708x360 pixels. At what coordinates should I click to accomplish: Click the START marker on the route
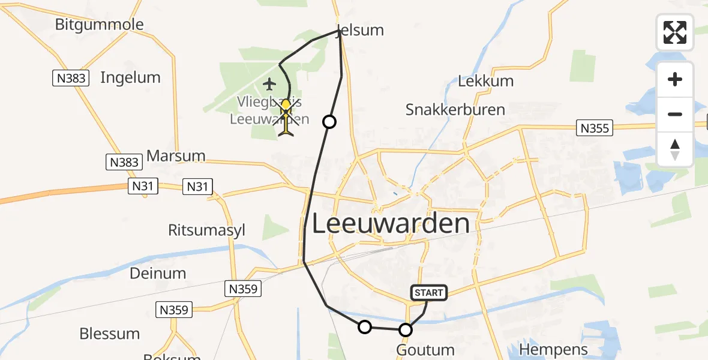click(x=428, y=293)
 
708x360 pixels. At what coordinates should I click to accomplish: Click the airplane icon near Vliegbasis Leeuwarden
click(x=269, y=83)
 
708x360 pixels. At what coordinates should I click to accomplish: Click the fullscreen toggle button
click(x=675, y=32)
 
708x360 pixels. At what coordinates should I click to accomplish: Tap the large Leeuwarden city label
click(x=391, y=224)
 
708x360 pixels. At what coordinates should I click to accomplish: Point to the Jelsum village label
click(x=361, y=30)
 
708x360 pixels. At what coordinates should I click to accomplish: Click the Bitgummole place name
click(x=99, y=25)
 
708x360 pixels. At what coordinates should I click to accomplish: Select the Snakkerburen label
click(x=455, y=110)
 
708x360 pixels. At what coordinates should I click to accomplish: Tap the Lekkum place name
click(x=486, y=81)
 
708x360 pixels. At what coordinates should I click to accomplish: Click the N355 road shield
click(x=595, y=128)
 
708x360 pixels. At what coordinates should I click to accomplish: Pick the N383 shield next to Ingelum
click(x=71, y=78)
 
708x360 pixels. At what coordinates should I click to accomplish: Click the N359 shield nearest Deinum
click(x=244, y=289)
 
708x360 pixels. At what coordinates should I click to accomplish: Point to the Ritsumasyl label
click(x=207, y=230)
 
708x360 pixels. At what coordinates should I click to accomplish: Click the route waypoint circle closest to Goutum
click(x=406, y=329)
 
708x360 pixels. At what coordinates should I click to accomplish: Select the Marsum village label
click(x=176, y=156)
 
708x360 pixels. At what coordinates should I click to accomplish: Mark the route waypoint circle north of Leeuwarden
click(x=329, y=122)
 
